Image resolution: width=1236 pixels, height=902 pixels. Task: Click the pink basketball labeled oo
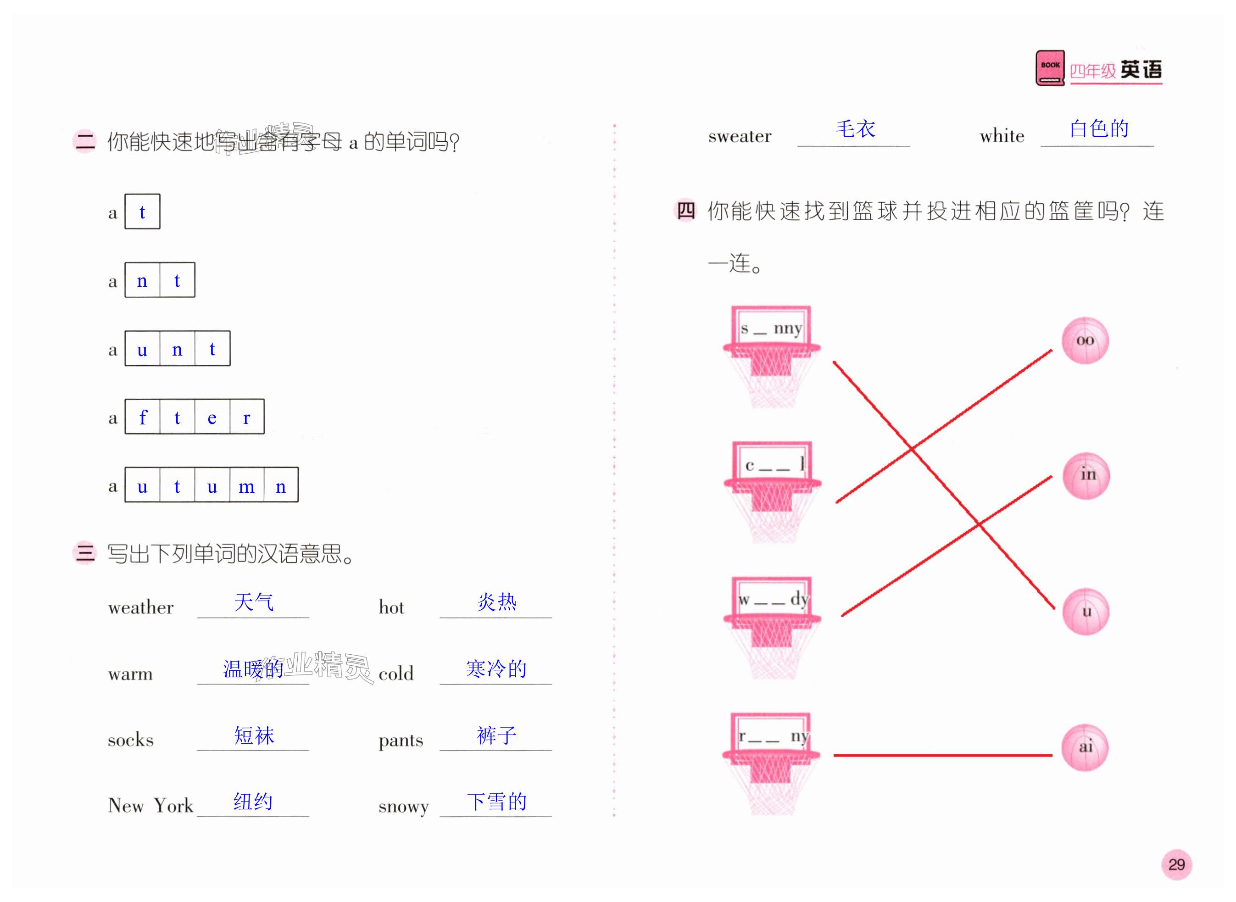click(x=1085, y=341)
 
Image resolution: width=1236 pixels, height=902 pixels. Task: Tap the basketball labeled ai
click(x=1085, y=747)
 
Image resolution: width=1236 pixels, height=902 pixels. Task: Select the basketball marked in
click(x=1086, y=476)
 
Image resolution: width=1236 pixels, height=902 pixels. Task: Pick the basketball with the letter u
click(x=1086, y=612)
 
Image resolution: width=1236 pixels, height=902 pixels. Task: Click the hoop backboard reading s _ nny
click(x=771, y=328)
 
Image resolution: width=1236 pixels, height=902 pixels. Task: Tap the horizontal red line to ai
click(x=942, y=755)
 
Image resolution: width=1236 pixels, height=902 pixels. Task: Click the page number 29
click(x=1176, y=864)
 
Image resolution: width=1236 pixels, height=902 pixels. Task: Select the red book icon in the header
click(x=1050, y=68)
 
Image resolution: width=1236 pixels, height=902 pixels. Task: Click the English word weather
click(x=141, y=607)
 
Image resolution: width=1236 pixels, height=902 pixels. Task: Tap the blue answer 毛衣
click(x=855, y=129)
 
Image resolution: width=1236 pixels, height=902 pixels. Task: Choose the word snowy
click(x=403, y=806)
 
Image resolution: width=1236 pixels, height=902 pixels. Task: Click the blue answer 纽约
click(x=253, y=802)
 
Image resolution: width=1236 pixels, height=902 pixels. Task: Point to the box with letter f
click(x=143, y=417)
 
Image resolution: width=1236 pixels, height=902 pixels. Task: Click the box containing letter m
click(x=246, y=485)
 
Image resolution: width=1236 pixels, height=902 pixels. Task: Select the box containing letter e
click(x=212, y=417)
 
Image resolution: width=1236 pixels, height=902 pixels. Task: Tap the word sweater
click(x=740, y=136)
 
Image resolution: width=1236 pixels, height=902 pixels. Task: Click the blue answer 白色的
click(x=1098, y=129)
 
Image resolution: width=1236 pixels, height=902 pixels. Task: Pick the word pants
click(x=401, y=741)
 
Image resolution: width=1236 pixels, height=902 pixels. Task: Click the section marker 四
click(x=686, y=211)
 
